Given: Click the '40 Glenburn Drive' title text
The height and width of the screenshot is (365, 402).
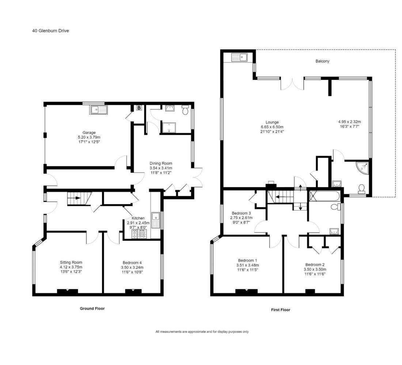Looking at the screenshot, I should point(50,31).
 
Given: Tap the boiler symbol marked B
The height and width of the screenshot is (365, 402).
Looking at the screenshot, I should point(139,108).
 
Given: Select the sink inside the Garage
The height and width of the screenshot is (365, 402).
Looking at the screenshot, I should point(98,109).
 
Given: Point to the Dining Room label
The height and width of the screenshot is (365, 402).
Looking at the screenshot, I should point(161,163).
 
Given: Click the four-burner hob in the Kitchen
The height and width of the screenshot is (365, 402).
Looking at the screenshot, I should point(139,234).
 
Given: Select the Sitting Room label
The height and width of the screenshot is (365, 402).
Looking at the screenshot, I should point(71,262).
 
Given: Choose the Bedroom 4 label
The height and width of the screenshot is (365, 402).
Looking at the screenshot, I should point(132,263).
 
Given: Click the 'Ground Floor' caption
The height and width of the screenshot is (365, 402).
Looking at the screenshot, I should point(92,308).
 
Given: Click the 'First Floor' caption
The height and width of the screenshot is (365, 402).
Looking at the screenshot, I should point(280,310).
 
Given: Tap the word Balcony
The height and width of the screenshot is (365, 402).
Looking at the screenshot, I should point(322,61).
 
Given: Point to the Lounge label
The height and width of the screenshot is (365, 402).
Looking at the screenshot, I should point(272,122).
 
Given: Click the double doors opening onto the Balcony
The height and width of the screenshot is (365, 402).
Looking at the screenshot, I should point(292,84).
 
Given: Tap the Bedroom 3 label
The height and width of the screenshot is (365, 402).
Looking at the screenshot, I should point(241,213).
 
